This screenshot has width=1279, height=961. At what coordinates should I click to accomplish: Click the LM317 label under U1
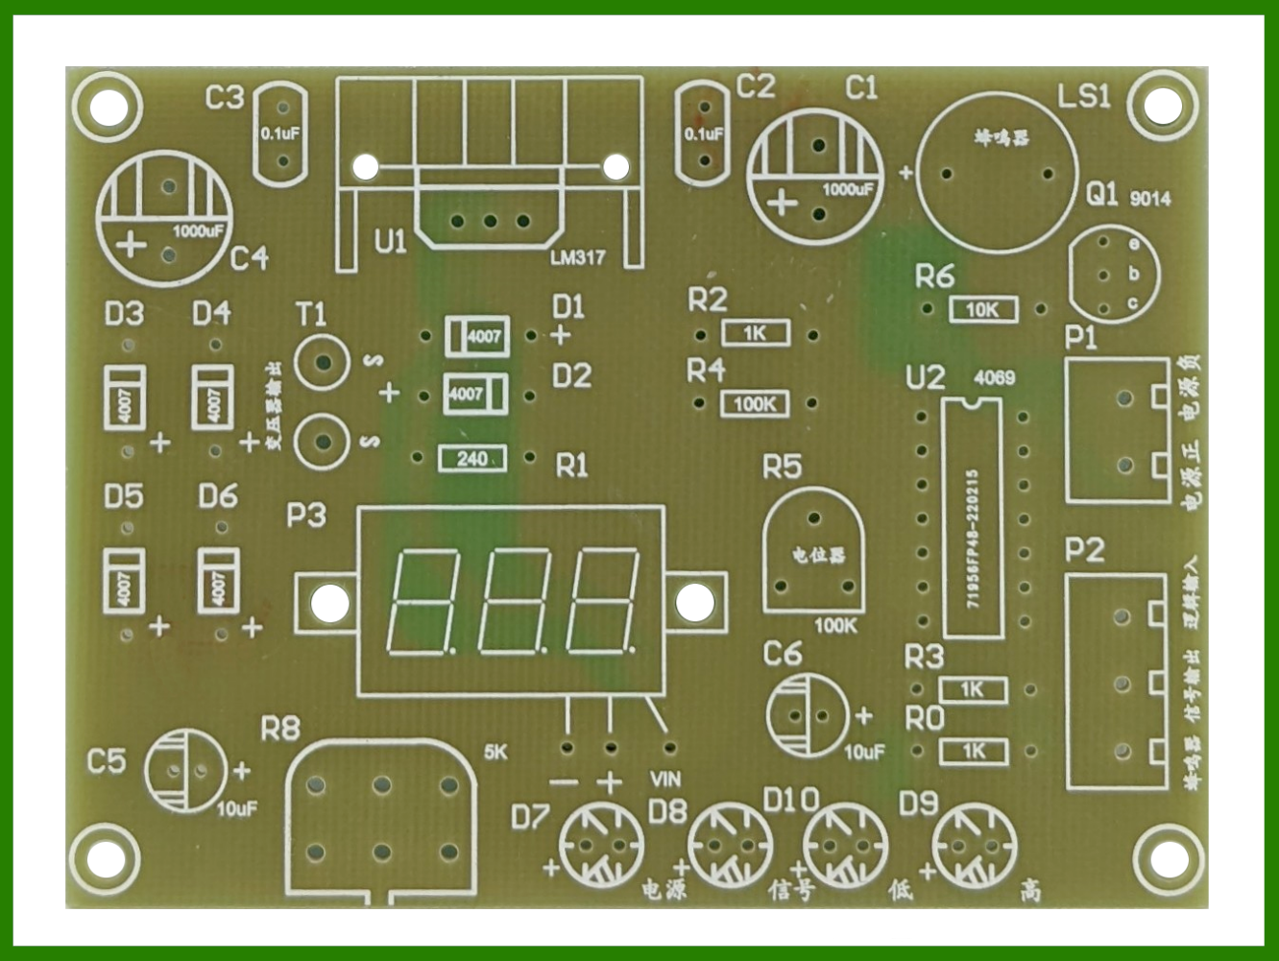[x=578, y=257]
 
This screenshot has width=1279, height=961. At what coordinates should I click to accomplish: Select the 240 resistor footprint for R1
[x=471, y=459]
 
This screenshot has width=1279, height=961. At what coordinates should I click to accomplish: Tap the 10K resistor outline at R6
[x=983, y=309]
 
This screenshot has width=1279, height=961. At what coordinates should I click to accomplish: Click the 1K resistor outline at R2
[x=756, y=333]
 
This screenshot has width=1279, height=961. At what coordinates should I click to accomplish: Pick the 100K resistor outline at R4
[x=755, y=404]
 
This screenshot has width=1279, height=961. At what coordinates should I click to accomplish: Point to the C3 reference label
[x=225, y=97]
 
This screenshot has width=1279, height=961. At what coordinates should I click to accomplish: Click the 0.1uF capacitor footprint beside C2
[x=703, y=133]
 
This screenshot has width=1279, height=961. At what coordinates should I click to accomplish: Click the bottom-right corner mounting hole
[x=1160, y=857]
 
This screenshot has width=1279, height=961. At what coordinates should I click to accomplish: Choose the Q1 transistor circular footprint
[x=1114, y=275]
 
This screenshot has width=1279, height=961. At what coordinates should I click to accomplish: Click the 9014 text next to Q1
[x=1150, y=199]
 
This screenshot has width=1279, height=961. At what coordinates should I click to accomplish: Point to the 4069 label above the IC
[x=994, y=377]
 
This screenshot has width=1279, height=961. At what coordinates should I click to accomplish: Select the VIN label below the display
[x=665, y=780]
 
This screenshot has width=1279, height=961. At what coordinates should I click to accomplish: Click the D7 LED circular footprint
[x=601, y=845]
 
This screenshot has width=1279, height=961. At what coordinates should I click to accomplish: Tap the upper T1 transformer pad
[x=323, y=362]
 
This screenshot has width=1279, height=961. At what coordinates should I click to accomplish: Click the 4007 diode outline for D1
[x=476, y=336]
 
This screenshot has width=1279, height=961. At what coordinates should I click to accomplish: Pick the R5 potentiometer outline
[x=814, y=550]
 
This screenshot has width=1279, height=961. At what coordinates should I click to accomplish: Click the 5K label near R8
[x=495, y=752]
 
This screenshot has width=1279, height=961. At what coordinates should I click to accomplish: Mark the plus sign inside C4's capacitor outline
[x=131, y=245]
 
